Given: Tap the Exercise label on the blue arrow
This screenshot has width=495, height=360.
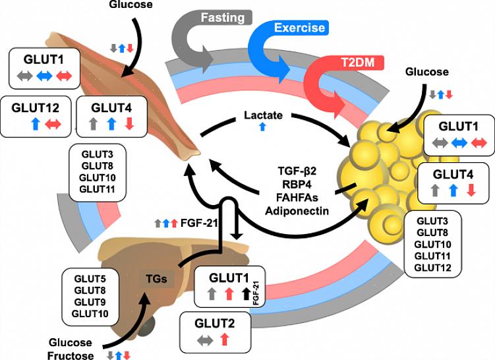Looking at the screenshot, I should [300, 28].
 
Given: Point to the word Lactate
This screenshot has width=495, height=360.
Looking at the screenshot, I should [263, 115].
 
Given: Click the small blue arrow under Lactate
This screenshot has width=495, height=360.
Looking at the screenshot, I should [263, 127].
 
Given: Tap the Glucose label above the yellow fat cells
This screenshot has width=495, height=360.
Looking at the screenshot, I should [427, 72].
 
